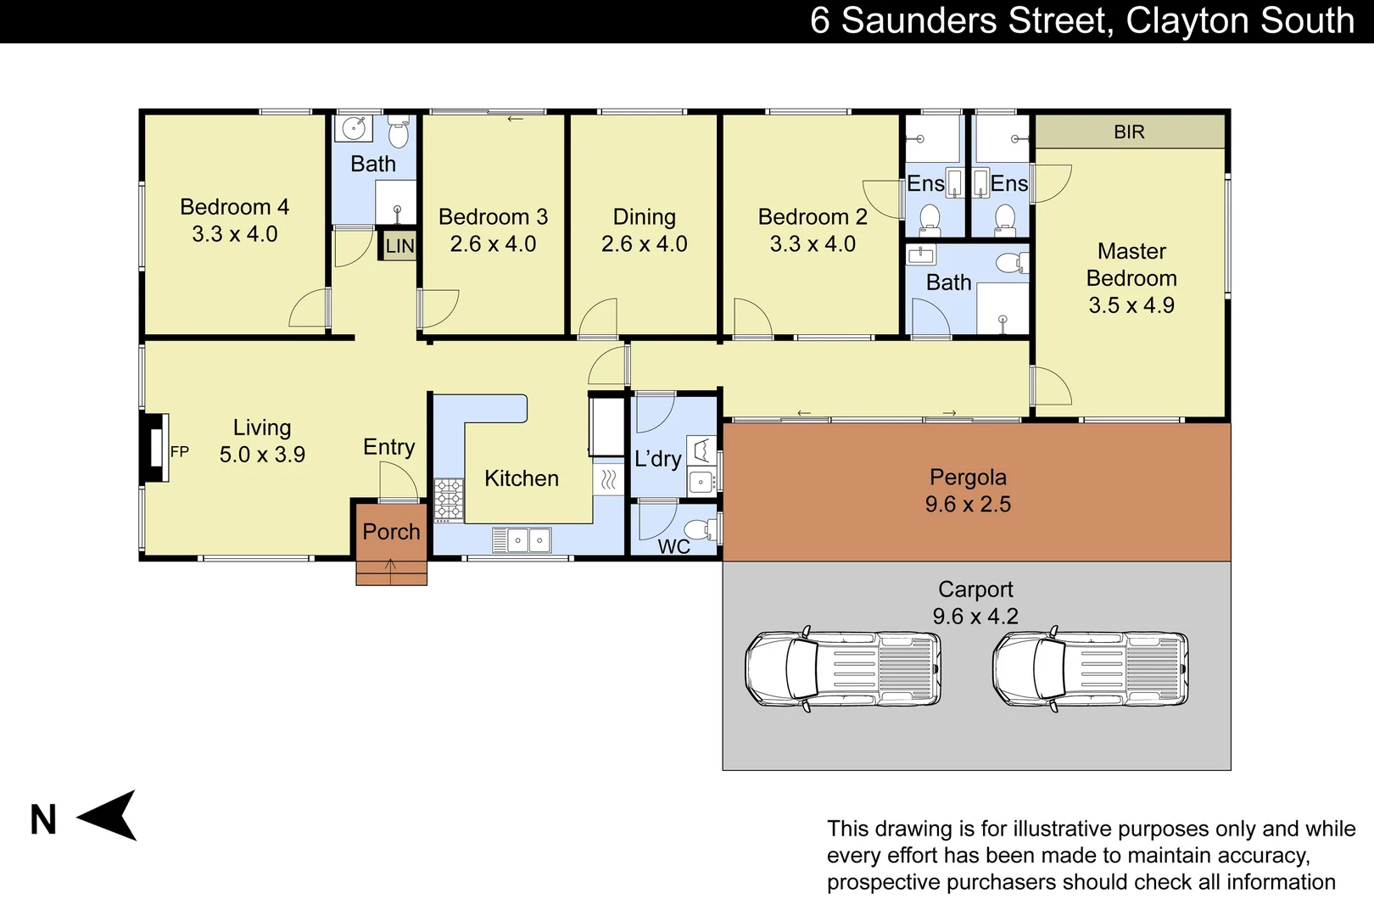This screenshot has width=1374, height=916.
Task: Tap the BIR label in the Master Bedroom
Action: point(1129,132)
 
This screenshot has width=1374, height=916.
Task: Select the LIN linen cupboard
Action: point(399,247)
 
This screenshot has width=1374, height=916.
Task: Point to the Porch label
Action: point(391,532)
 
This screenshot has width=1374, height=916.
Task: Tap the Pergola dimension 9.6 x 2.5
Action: point(968,505)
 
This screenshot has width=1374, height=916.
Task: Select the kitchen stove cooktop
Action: point(449,499)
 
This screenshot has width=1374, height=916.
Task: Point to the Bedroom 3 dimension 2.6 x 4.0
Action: point(493,244)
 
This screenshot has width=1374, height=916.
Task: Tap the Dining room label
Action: point(644,217)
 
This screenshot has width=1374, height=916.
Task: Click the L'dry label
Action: point(657,460)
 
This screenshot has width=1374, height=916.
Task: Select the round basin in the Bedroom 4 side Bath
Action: point(353,129)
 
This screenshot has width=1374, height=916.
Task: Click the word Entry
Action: point(388,447)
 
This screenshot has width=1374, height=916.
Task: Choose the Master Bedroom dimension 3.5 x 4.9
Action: point(1131,305)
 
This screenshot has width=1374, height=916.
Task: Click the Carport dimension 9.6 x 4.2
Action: point(975,617)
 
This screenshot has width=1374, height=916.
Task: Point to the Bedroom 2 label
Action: point(812,217)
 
